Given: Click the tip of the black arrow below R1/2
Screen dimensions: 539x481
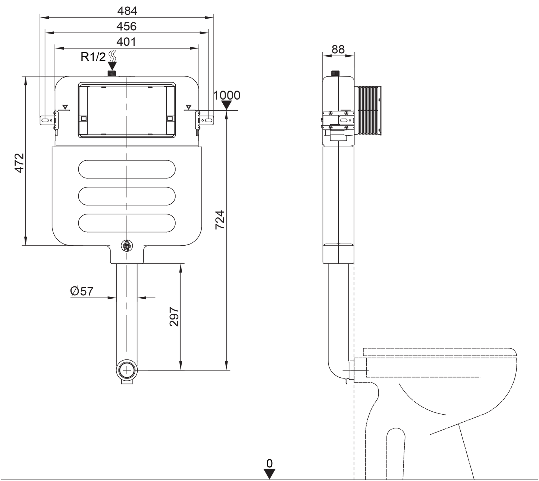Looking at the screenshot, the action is point(112,70).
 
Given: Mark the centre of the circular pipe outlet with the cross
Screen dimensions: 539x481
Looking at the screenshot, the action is point(127,370).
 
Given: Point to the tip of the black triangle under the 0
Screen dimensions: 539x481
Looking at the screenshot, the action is point(269,471).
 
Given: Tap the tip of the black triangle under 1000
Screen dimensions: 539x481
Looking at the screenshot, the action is point(226,110).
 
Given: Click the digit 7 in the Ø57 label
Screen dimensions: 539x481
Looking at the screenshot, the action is point(90,292).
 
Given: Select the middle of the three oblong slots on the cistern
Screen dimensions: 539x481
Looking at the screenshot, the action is point(127,196).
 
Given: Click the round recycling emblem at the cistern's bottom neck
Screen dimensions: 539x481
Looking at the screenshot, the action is point(127,245).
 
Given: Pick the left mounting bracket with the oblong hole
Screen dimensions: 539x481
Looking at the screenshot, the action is point(46,120).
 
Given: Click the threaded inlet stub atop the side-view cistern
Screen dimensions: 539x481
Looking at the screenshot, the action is point(335,73).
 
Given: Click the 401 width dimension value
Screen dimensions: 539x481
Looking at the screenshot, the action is point(126,42).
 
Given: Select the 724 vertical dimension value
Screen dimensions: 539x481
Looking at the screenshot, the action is point(220,220).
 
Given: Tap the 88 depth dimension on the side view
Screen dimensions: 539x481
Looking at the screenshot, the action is point(338,50).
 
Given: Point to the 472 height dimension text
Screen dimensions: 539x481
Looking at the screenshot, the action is point(19,163).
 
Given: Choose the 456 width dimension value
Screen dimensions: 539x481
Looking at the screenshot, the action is point(126,26).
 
